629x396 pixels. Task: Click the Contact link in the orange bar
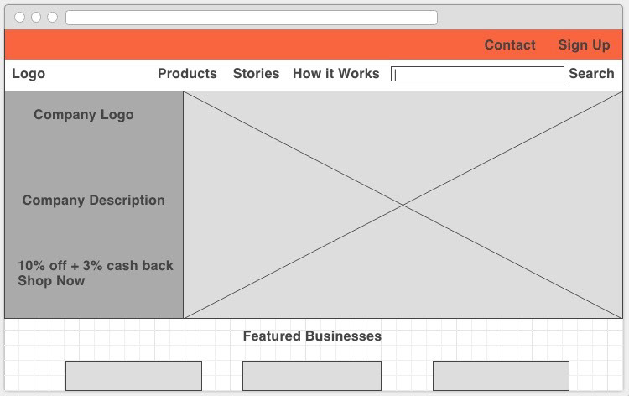(510, 44)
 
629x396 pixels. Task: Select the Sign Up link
(584, 45)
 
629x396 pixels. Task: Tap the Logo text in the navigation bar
(29, 74)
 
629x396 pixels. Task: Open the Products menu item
(187, 74)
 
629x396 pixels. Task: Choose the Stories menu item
(256, 74)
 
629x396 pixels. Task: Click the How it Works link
(335, 74)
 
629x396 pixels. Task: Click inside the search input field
(477, 74)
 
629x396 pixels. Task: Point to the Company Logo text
(83, 115)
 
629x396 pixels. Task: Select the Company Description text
(93, 201)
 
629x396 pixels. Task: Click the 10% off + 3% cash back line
(96, 266)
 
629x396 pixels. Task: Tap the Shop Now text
(51, 281)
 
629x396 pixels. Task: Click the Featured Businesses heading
(312, 336)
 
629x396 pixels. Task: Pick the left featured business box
(133, 376)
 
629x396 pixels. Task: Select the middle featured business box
(312, 376)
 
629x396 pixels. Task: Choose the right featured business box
(501, 376)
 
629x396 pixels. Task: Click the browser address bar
(252, 18)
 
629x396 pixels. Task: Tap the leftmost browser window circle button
(19, 18)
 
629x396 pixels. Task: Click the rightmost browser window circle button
(52, 18)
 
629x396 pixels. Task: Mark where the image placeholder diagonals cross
(403, 205)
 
